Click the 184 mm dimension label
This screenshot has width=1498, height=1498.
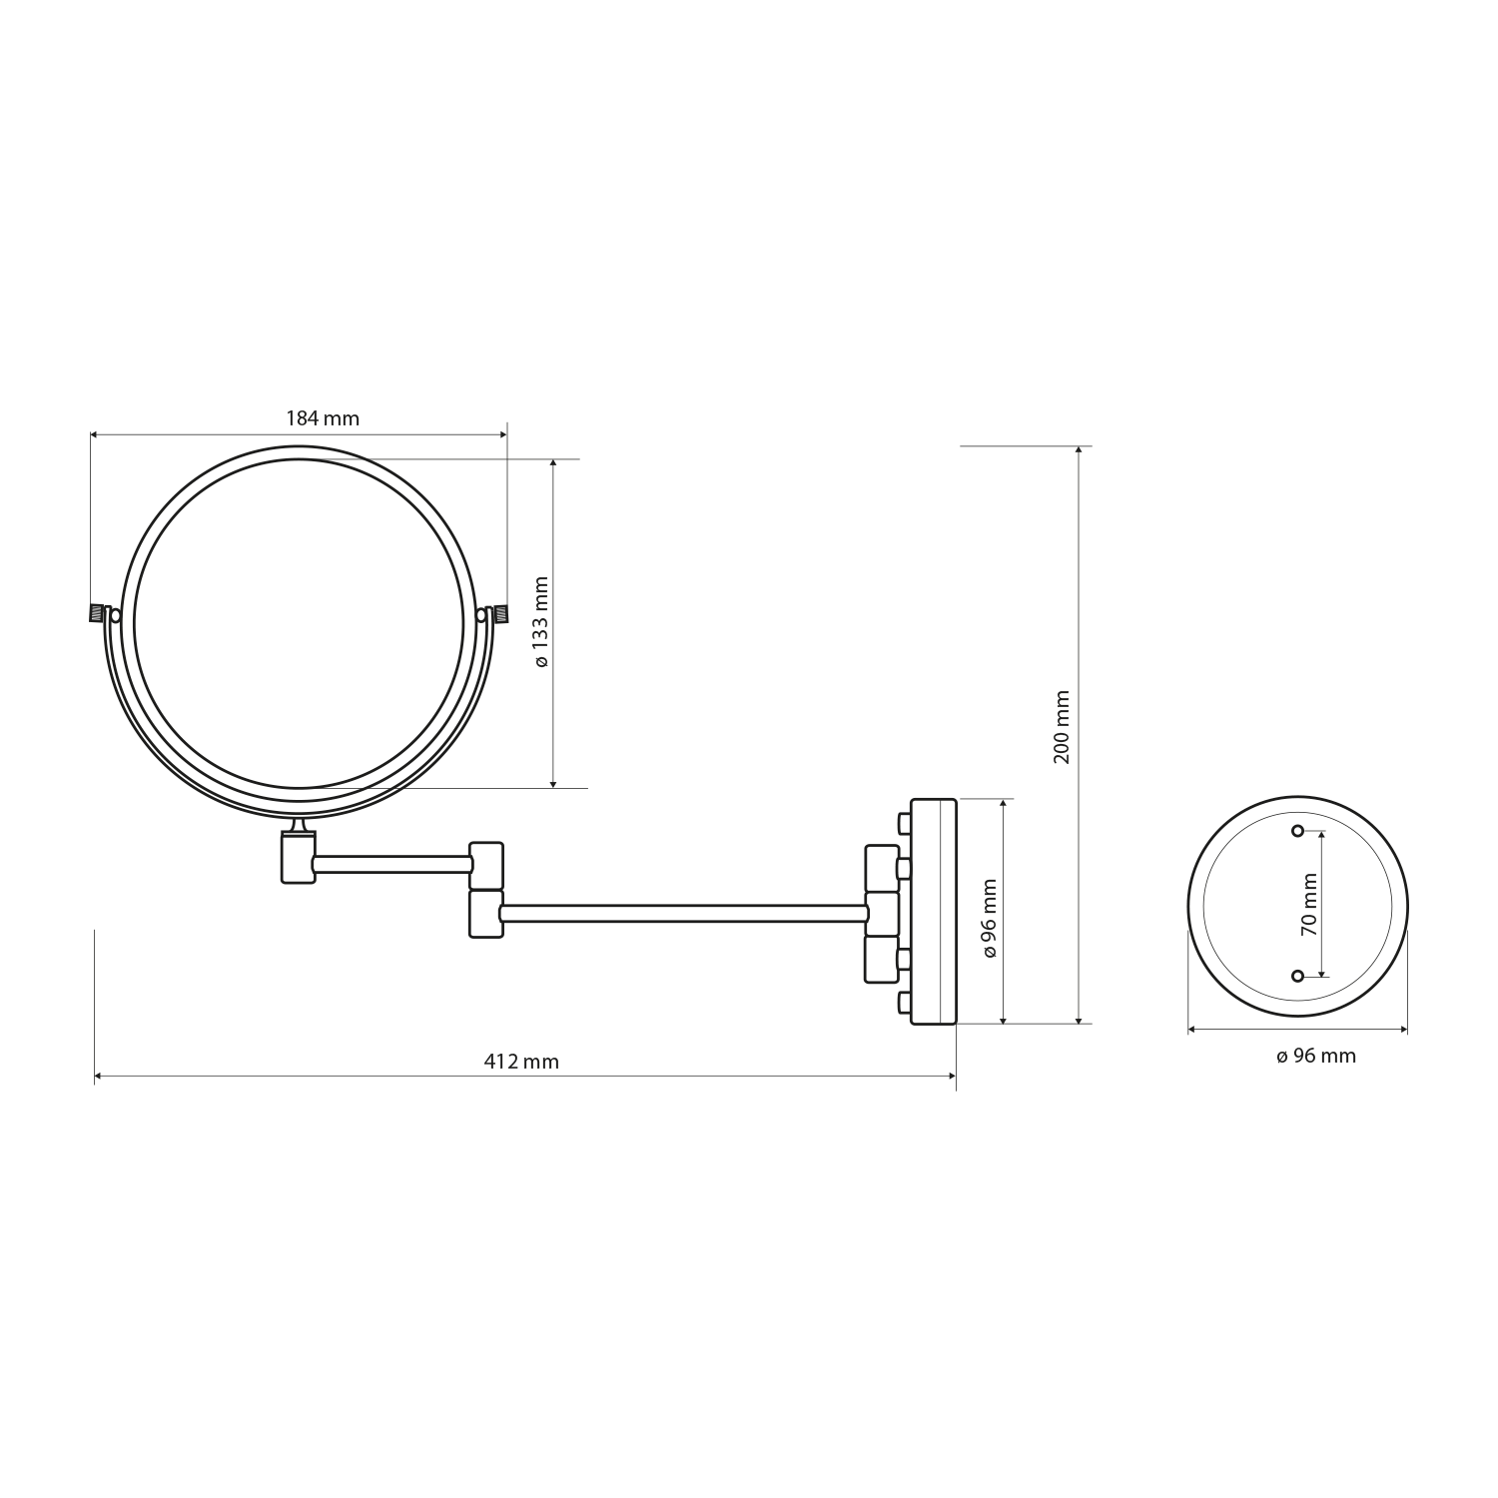pos(323,418)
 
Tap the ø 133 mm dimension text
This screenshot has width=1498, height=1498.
pos(541,622)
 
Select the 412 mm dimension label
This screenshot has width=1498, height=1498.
pos(521,1062)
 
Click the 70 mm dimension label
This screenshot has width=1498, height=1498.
pos(1309,904)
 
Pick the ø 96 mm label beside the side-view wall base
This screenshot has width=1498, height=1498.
pos(990,918)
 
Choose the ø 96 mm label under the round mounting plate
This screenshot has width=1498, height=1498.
pos(1316,1056)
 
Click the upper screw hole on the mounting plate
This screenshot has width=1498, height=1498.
pos(1298,831)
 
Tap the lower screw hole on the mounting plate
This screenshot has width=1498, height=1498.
pos(1298,975)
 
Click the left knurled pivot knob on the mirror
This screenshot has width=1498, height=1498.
pos(98,612)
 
